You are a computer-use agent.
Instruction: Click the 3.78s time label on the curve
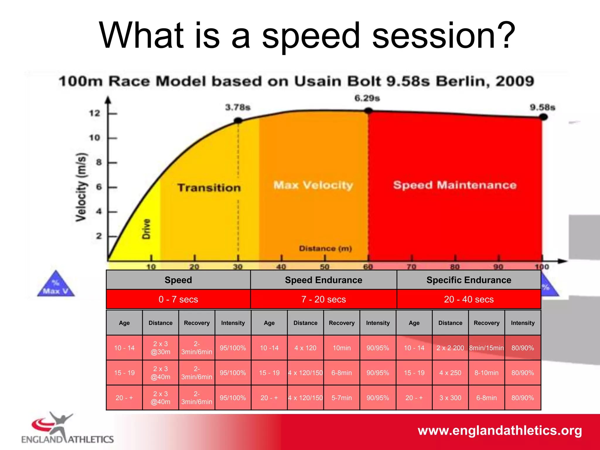238,107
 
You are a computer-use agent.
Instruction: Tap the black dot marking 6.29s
368,110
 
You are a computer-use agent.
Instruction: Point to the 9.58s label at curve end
542,107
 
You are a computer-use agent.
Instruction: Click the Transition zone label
209,187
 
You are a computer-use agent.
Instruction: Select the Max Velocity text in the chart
313,185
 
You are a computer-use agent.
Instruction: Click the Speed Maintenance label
454,185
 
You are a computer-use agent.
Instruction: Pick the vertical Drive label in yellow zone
146,229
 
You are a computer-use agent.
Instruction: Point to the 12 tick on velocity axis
95,113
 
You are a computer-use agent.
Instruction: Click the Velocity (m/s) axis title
81,187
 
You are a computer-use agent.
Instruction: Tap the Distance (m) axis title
325,248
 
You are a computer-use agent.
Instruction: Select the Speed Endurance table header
323,280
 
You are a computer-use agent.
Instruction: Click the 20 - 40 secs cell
468,299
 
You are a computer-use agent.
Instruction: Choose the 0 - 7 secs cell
178,299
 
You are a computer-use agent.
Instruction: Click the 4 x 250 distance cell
450,373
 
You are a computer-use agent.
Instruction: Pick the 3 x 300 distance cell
450,398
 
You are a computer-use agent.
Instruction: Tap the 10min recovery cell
342,348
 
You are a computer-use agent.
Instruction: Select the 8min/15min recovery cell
486,348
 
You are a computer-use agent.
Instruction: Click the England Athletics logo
67,428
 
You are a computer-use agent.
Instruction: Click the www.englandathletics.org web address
500,430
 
